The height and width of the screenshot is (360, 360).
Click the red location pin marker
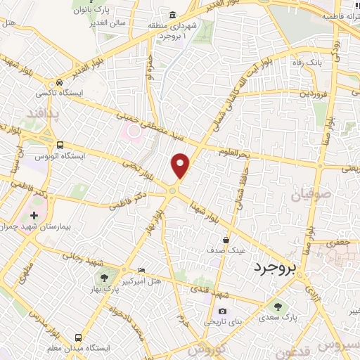(x=181, y=165)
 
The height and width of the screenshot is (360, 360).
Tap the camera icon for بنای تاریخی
(x=223, y=311)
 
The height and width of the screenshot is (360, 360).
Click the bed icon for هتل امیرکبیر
(x=142, y=269)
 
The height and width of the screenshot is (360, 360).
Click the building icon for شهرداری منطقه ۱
(x=172, y=15)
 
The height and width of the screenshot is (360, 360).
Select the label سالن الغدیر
(x=107, y=23)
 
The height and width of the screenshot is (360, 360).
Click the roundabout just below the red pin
(x=172, y=190)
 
